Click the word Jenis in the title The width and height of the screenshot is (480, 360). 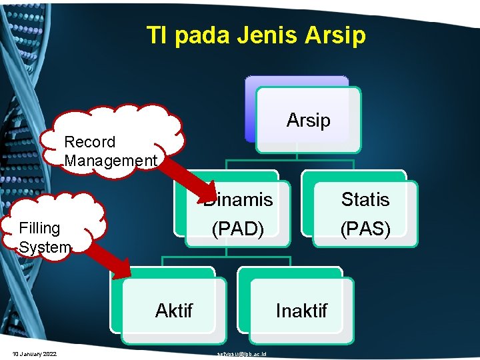click(272, 35)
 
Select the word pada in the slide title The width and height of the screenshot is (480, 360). click(205, 35)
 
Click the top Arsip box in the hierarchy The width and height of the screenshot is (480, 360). click(308, 120)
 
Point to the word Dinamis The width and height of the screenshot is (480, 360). click(238, 199)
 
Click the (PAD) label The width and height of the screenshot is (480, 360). click(238, 229)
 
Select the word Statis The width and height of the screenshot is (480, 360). click(365, 199)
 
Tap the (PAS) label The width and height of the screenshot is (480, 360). click(365, 229)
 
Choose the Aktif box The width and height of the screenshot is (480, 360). click(173, 310)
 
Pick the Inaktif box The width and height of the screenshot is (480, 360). click(301, 310)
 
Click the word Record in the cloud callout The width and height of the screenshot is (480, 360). click(89, 142)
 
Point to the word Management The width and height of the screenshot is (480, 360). click(111, 161)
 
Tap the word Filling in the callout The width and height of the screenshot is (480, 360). click(40, 228)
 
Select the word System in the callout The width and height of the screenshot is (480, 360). click(45, 247)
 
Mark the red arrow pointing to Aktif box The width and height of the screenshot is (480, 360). click(110, 257)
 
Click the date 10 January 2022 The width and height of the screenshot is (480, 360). click(34, 353)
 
